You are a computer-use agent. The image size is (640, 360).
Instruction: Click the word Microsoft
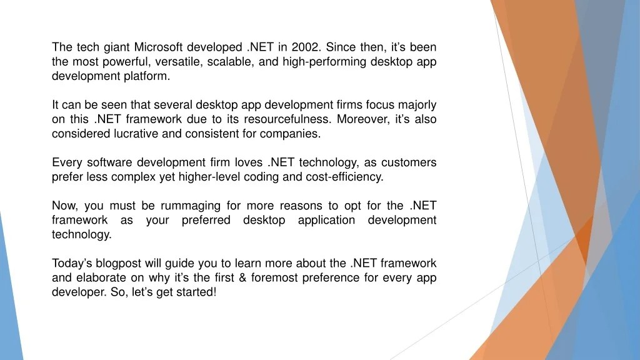(160, 47)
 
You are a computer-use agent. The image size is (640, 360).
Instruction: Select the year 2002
(303, 47)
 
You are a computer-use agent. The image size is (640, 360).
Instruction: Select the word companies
(294, 134)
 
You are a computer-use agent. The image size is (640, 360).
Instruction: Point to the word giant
(113, 47)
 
